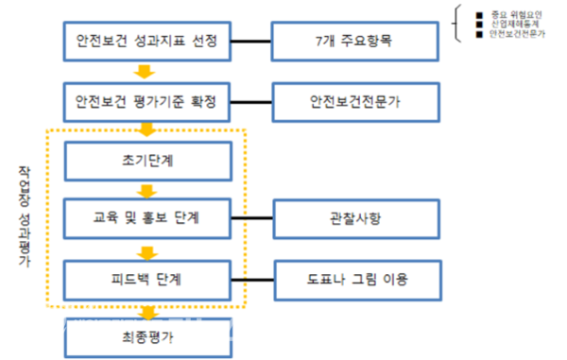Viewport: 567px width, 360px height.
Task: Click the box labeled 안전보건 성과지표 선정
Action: click(146, 42)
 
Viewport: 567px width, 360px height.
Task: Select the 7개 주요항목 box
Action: click(344, 42)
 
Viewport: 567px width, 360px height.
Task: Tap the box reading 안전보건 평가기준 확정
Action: click(146, 99)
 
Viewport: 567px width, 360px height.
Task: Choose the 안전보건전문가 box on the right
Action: click(344, 99)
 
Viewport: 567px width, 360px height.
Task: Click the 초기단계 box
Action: click(146, 161)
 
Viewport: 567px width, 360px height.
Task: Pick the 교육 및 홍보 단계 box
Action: click(146, 220)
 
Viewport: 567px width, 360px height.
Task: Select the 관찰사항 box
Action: click(344, 220)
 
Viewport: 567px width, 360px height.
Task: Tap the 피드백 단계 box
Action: click(146, 279)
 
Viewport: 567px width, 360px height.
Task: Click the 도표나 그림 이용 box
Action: click(344, 279)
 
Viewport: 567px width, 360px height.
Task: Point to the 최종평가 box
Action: click(146, 335)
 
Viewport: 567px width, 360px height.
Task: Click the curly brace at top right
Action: click(460, 25)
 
